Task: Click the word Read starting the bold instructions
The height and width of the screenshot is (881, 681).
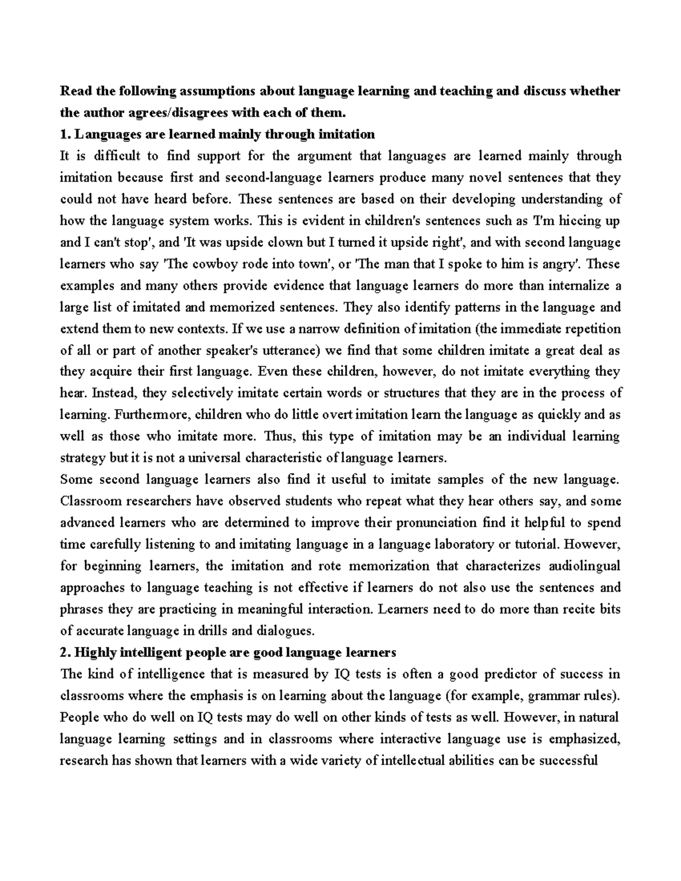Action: click(73, 91)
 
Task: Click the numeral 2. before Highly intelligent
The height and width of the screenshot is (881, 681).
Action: click(65, 653)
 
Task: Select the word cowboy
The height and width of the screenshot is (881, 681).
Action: click(207, 264)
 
